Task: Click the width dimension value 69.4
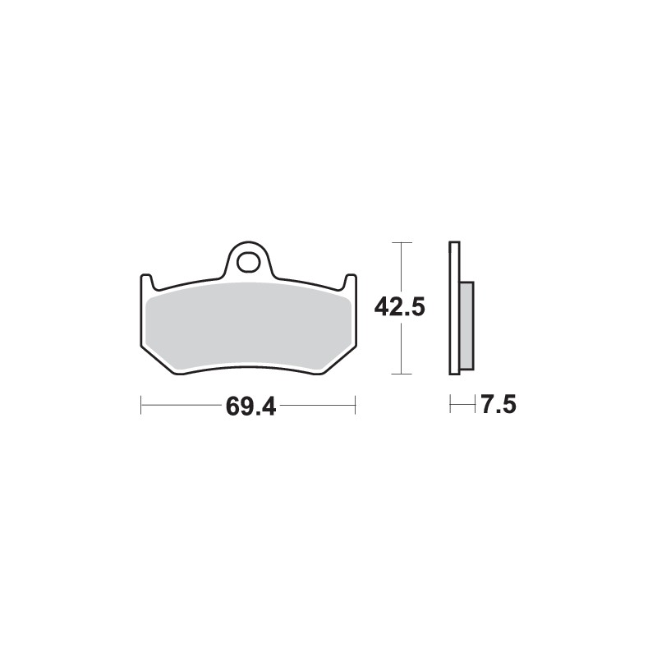(x=248, y=407)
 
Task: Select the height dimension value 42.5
(x=399, y=309)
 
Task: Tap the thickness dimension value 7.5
(x=498, y=407)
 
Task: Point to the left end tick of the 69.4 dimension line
(x=141, y=406)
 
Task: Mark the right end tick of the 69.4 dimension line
(x=355, y=406)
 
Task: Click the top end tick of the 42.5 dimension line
(x=400, y=243)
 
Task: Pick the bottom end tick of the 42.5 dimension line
(x=400, y=374)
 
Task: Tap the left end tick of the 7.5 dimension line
(x=450, y=406)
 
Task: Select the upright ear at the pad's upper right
(x=351, y=283)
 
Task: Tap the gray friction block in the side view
(x=466, y=324)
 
